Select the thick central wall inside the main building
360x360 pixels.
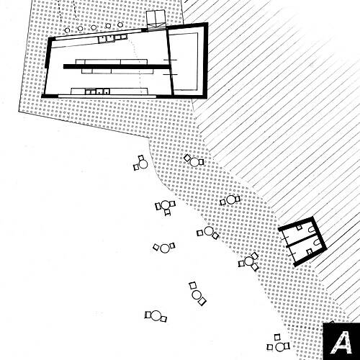[x=117, y=66]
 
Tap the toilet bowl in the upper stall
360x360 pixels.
[x=312, y=230]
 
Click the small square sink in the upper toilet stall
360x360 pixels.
[x=299, y=228]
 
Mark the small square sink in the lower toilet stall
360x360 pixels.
[x=310, y=251]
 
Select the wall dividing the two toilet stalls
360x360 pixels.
[x=303, y=240]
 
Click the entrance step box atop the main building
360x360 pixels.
[x=156, y=19]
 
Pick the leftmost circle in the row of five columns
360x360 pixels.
[x=68, y=30]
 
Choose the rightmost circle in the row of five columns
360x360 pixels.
[x=120, y=24]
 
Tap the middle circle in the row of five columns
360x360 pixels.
[x=94, y=27]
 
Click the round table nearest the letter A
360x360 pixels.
[x=280, y=347]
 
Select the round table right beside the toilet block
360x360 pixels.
[x=249, y=261]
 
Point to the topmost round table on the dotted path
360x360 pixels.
[x=194, y=162]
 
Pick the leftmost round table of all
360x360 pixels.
[x=143, y=164]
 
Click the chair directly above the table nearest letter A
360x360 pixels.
[x=277, y=337]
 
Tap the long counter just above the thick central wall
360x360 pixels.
[x=112, y=62]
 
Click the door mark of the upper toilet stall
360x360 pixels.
[x=284, y=238]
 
